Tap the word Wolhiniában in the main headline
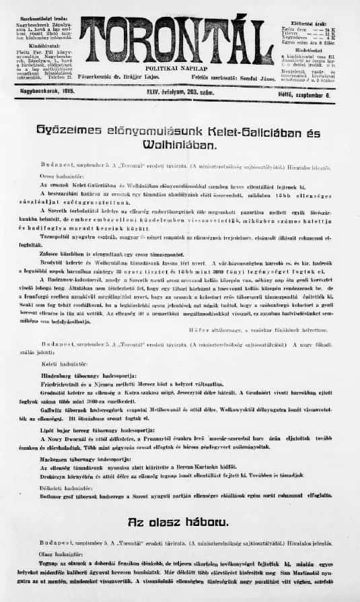180,144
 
